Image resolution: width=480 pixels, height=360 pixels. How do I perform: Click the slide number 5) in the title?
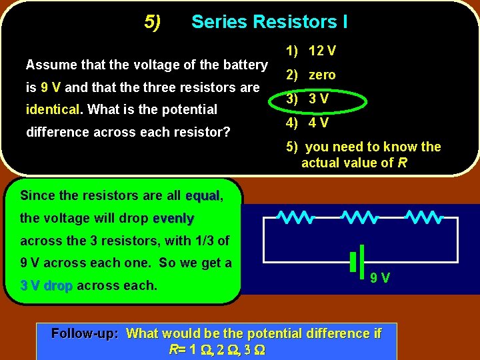coord(153,23)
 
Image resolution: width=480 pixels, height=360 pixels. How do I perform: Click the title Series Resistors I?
coord(269,22)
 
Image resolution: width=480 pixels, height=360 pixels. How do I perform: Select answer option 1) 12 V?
coord(311,51)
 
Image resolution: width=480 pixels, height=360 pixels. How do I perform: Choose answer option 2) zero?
coord(311,75)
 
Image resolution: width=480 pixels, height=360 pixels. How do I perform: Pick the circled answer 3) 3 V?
coord(307,100)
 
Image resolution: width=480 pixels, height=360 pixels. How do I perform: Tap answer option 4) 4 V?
coord(307,123)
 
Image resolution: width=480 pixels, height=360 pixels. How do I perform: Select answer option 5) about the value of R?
coord(363,155)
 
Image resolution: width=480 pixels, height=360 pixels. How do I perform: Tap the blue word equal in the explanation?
coord(203,195)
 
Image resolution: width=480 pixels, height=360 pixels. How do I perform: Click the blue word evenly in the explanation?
coord(173,218)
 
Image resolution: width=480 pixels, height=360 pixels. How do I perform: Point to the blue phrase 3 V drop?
coord(47,285)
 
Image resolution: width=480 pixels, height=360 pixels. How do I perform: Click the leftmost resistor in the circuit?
coord(296,217)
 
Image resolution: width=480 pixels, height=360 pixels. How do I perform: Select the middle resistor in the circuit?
coord(360,217)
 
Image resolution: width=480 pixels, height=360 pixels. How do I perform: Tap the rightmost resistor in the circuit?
coord(424,217)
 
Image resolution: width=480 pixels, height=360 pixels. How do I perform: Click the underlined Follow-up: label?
coord(85,333)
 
